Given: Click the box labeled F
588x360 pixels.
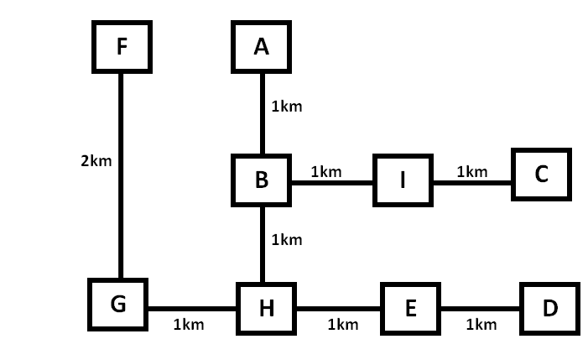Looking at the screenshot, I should pyautogui.click(x=122, y=46).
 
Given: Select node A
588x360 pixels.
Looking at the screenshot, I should pyautogui.click(x=262, y=46).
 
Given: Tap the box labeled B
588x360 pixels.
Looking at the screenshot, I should pyautogui.click(x=262, y=180).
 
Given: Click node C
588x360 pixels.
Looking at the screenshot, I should pyautogui.click(x=541, y=175).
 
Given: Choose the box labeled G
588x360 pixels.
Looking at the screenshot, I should pyautogui.click(x=118, y=304).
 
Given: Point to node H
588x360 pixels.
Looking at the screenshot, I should pyautogui.click(x=266, y=309).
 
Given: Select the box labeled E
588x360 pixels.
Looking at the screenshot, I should pyautogui.click(x=410, y=309).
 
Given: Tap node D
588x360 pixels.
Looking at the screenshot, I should pyautogui.click(x=549, y=309).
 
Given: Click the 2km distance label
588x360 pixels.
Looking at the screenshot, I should pyautogui.click(x=96, y=159).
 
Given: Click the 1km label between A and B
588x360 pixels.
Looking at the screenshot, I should pyautogui.click(x=286, y=107).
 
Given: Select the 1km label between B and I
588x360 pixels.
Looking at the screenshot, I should pyautogui.click(x=325, y=172).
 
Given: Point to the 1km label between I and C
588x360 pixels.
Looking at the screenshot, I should pyautogui.click(x=472, y=172).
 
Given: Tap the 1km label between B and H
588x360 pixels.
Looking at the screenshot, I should pyautogui.click(x=286, y=240).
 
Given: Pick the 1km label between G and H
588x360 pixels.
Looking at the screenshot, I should pyautogui.click(x=189, y=324).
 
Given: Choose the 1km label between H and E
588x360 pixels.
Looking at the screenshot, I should pyautogui.click(x=343, y=324).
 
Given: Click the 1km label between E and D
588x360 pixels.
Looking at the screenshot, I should pyautogui.click(x=481, y=324).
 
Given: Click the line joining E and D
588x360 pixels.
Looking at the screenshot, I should pyautogui.click(x=481, y=308).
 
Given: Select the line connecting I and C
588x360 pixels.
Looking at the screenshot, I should pyautogui.click(x=472, y=182).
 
